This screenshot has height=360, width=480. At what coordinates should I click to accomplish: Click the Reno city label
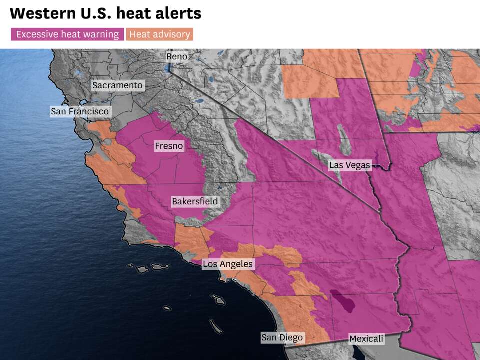point(177,57)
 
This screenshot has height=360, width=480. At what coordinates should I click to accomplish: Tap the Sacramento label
point(117,85)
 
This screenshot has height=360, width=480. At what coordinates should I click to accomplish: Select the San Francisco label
point(80,111)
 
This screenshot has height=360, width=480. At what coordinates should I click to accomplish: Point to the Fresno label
point(169,146)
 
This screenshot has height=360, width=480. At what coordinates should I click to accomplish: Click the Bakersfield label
point(195,202)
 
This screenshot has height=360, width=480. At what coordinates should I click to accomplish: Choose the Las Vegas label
point(350,165)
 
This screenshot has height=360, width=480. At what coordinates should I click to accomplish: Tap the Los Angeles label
point(228,264)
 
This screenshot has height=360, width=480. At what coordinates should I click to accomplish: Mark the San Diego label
point(282,338)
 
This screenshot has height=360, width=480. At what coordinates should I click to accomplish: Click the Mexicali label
point(366,339)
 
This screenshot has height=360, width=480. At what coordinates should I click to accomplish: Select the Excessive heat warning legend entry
point(67,34)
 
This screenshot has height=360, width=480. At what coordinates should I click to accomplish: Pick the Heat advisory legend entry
point(159,34)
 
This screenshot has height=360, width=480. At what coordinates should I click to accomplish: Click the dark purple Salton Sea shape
point(343,301)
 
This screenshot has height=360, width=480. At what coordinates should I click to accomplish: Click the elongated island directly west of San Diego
point(215,327)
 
